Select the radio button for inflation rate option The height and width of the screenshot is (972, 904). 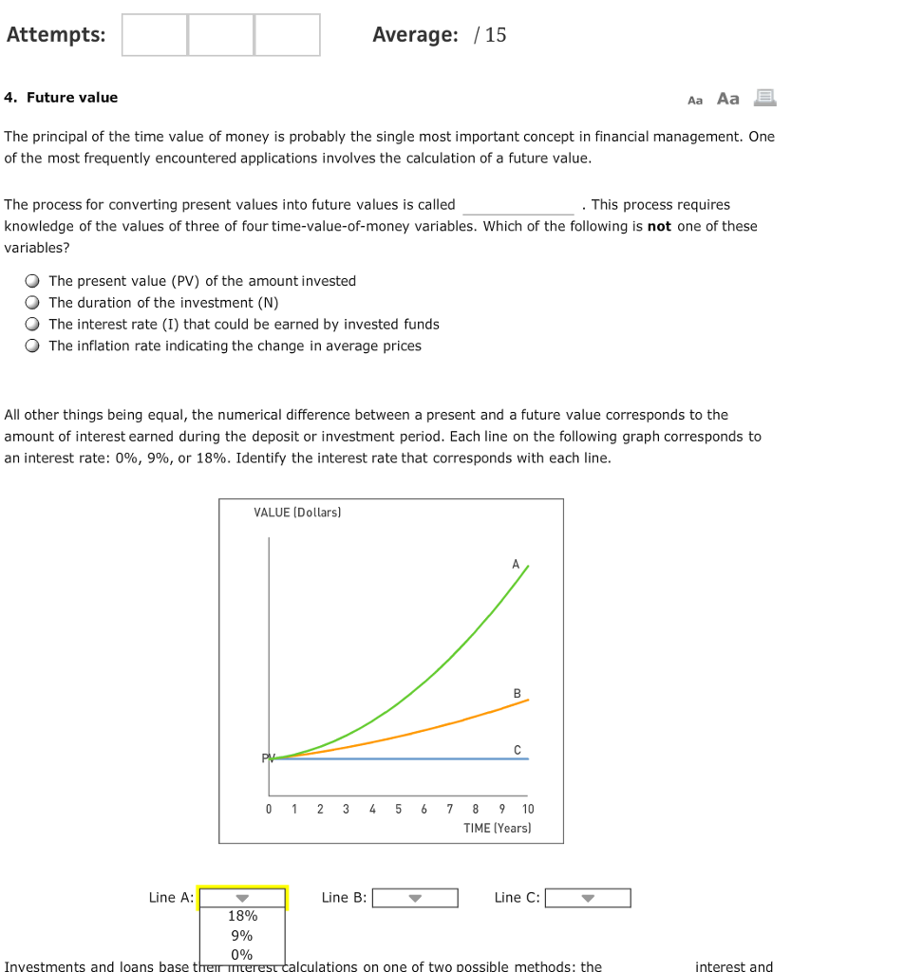[33, 346]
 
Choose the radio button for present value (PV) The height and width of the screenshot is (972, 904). [33, 281]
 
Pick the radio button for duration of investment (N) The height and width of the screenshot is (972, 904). [33, 303]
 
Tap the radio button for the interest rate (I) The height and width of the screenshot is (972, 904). [33, 325]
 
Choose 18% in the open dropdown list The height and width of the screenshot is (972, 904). [242, 916]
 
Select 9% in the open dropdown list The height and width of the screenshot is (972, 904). [242, 935]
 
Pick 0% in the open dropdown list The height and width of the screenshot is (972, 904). [242, 954]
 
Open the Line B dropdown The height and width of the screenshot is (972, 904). [415, 898]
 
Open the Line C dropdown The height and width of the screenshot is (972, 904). [588, 898]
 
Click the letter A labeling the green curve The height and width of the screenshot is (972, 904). [517, 564]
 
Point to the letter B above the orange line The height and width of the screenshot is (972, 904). [518, 694]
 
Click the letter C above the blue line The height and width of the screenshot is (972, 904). [518, 751]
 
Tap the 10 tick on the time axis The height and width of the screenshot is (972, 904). [528, 810]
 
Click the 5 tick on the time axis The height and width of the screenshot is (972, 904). [398, 810]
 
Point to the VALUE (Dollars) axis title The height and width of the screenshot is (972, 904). [297, 513]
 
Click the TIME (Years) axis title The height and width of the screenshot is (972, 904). [498, 829]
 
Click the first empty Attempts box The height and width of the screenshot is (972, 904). [155, 35]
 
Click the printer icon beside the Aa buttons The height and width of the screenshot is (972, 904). [764, 98]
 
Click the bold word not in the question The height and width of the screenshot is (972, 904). [659, 227]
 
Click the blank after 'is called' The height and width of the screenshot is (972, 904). [518, 206]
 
